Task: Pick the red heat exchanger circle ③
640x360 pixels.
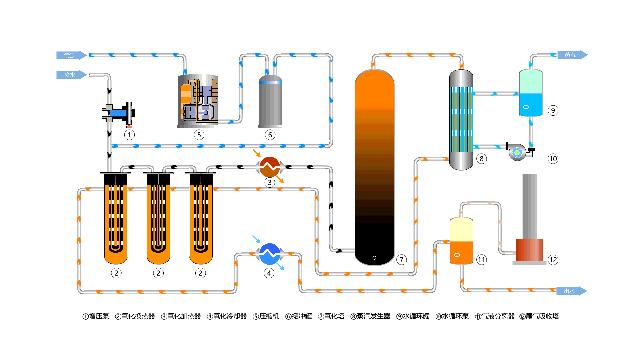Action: point(268,168)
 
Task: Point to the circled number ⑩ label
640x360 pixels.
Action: point(552,158)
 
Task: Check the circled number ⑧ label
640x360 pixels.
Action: point(481,158)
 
